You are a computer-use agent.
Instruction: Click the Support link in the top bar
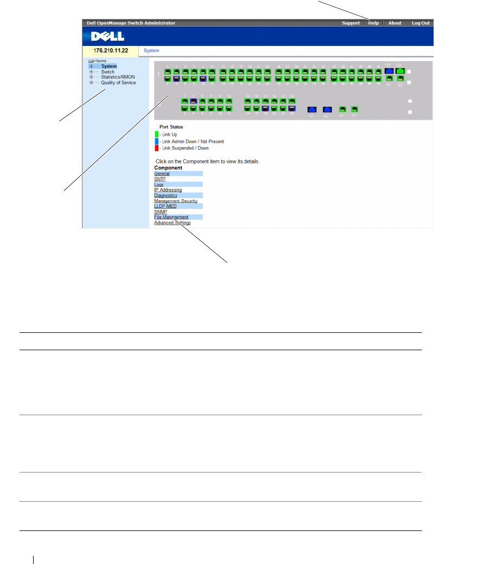[x=350, y=23]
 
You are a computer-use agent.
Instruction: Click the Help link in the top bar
[x=374, y=23]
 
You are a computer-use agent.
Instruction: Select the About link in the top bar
[x=395, y=23]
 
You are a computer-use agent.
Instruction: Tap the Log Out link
[x=420, y=23]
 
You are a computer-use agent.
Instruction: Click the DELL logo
[x=108, y=36]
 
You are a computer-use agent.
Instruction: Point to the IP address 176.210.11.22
[x=111, y=50]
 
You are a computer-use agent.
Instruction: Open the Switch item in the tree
[x=107, y=72]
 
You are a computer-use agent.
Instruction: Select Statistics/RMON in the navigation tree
[x=118, y=77]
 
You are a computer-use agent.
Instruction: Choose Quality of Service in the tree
[x=118, y=83]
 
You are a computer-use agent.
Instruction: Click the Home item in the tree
[x=100, y=61]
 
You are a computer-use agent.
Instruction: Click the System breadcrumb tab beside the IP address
[x=151, y=50]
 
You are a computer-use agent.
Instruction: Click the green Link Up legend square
[x=157, y=134]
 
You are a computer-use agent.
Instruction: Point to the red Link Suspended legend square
[x=157, y=148]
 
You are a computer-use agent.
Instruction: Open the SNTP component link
[x=160, y=179]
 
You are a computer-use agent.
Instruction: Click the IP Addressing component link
[x=168, y=190]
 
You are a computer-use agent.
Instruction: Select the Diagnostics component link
[x=165, y=195]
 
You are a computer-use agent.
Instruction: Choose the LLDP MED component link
[x=165, y=206]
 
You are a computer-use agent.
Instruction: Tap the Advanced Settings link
[x=172, y=222]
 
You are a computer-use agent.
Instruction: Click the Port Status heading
[x=171, y=127]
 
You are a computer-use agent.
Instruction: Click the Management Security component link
[x=175, y=201]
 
